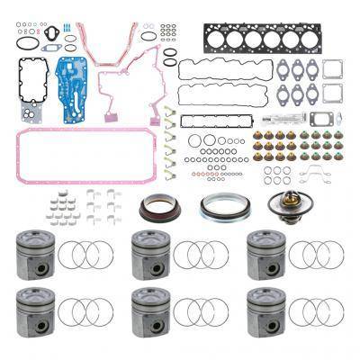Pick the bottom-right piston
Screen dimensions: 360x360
tap(266, 311)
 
